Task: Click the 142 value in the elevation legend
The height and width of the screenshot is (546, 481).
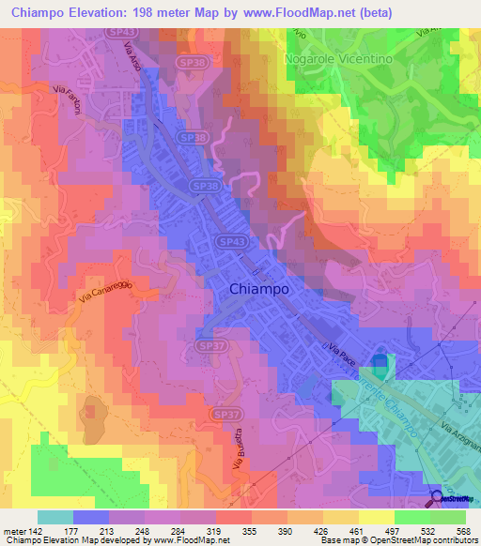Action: (32, 530)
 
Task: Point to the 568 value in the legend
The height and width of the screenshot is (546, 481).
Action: (459, 530)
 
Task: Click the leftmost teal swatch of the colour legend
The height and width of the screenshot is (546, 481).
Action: (55, 517)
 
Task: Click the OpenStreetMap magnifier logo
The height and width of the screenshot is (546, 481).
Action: (437, 498)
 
